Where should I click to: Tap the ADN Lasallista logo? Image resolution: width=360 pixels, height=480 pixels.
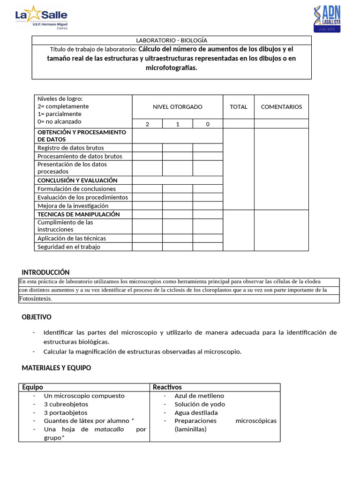click(326, 19)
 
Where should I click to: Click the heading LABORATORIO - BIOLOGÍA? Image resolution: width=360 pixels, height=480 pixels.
click(171, 41)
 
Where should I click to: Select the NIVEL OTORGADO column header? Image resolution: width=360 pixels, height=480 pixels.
click(178, 107)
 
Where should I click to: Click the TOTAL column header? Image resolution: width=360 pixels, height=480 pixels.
click(238, 107)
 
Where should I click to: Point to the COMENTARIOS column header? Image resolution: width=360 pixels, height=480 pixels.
click(281, 107)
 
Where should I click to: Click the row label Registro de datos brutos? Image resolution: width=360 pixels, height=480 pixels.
click(71, 148)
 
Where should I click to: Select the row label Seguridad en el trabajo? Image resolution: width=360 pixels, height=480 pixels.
click(69, 247)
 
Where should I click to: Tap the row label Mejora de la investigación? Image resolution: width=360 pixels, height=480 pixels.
click(73, 206)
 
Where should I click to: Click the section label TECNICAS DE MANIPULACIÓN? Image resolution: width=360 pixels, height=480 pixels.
click(78, 214)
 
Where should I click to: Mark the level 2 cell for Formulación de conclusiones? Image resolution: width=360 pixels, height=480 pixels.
click(147, 189)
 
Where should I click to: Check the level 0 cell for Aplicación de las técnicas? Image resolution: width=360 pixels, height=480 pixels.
click(208, 238)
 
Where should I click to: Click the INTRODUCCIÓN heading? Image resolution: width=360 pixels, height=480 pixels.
click(45, 272)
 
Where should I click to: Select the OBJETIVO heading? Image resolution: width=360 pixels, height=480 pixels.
click(37, 317)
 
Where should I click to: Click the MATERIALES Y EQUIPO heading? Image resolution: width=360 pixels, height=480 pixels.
click(56, 368)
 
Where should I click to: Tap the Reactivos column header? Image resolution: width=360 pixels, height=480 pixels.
click(167, 387)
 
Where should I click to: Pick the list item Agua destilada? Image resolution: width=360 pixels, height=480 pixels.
click(196, 412)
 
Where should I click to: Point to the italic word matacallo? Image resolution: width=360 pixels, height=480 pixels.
click(109, 429)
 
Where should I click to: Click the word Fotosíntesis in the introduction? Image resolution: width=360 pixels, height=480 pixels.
click(35, 299)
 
